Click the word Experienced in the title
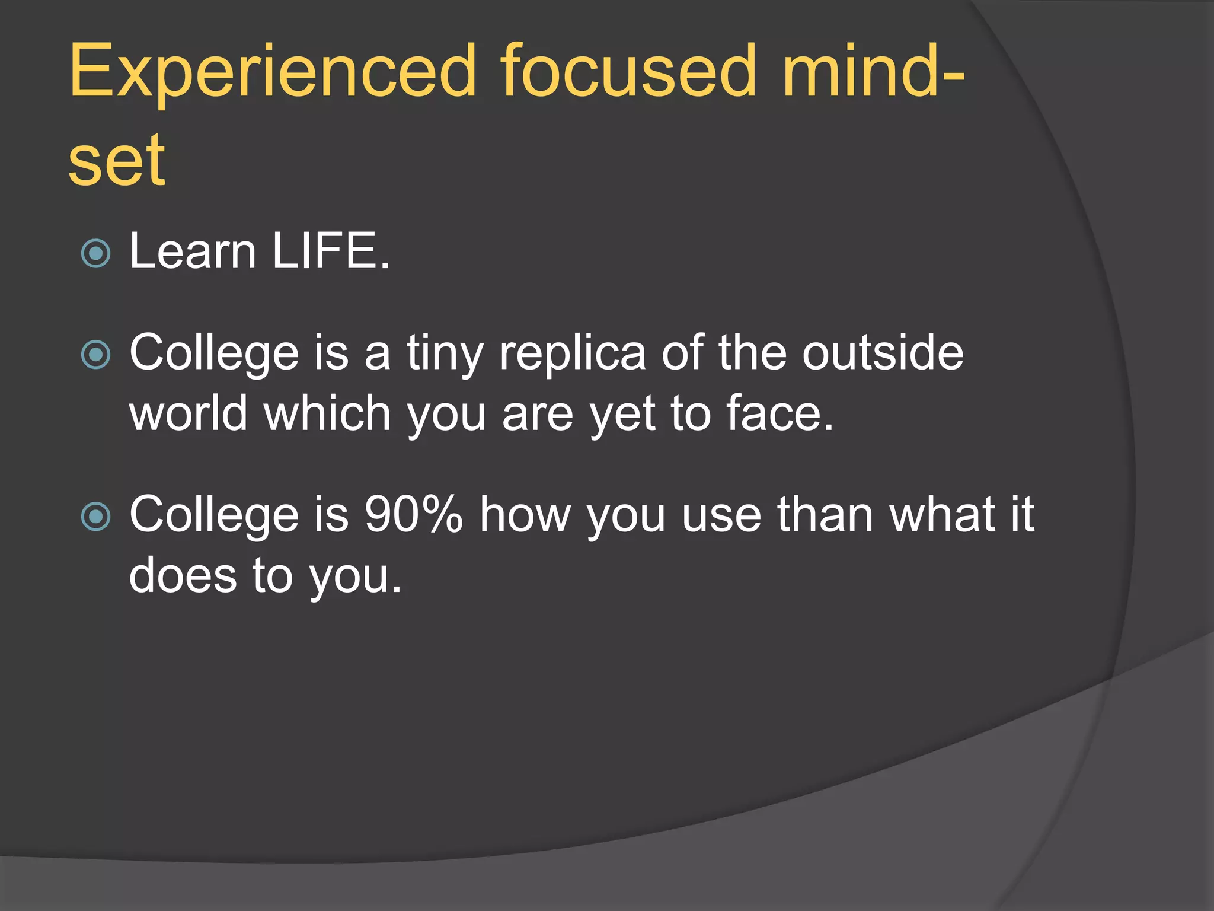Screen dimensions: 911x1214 click(273, 72)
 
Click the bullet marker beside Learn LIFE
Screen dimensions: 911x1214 click(95, 254)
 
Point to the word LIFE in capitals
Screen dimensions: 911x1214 click(331, 251)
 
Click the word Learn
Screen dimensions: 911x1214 click(193, 251)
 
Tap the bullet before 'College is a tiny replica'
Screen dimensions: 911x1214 click(95, 355)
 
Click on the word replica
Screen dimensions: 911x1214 click(573, 353)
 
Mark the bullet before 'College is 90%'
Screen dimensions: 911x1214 click(95, 516)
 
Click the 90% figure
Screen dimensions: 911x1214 click(413, 514)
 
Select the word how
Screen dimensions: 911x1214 click(525, 514)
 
